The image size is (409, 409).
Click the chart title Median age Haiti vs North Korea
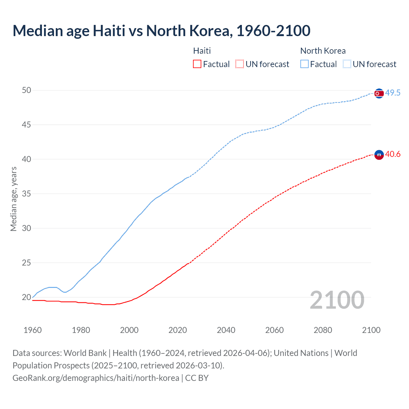click(x=161, y=31)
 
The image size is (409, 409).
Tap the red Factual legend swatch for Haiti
click(x=197, y=64)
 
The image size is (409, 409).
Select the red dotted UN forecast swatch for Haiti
click(x=240, y=64)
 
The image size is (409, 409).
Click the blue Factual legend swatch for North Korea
click(x=305, y=64)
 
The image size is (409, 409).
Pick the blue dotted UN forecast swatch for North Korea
click(x=347, y=64)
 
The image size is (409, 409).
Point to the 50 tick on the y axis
click(x=27, y=90)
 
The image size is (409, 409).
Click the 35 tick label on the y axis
click(x=27, y=194)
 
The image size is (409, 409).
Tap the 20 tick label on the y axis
click(x=27, y=297)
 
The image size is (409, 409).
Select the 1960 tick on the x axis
click(x=33, y=330)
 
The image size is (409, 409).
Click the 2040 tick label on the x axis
click(x=226, y=330)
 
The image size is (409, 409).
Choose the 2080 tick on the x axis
click(x=323, y=330)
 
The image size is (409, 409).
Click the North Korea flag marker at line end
click(x=379, y=93)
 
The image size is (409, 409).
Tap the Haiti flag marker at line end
click(x=379, y=155)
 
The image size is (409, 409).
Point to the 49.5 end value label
click(x=393, y=93)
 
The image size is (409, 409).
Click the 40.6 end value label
click(x=393, y=154)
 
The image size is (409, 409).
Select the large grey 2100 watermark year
click(x=337, y=300)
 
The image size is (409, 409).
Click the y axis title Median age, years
click(x=13, y=199)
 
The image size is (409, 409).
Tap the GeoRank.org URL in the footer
click(x=96, y=378)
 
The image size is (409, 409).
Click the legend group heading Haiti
click(x=202, y=51)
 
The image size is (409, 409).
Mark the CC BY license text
click(x=197, y=378)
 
